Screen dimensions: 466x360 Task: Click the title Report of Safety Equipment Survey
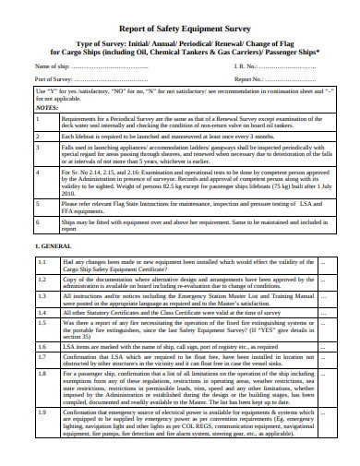click(x=179, y=27)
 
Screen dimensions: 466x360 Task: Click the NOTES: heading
click(x=48, y=107)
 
